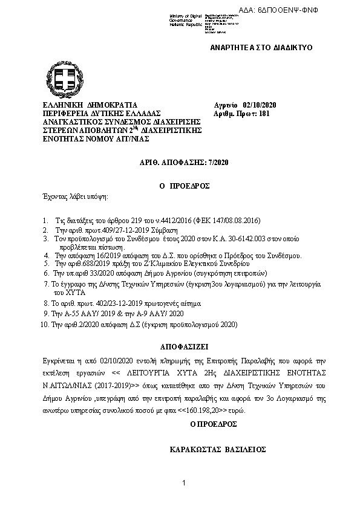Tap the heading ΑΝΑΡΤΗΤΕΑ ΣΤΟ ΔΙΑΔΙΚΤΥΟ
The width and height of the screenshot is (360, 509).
click(x=261, y=47)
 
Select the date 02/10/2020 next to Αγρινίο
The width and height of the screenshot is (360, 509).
click(x=259, y=105)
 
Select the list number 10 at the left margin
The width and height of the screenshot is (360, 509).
click(x=42, y=325)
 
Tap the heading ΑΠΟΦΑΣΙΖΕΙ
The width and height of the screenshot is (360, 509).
click(x=180, y=349)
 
